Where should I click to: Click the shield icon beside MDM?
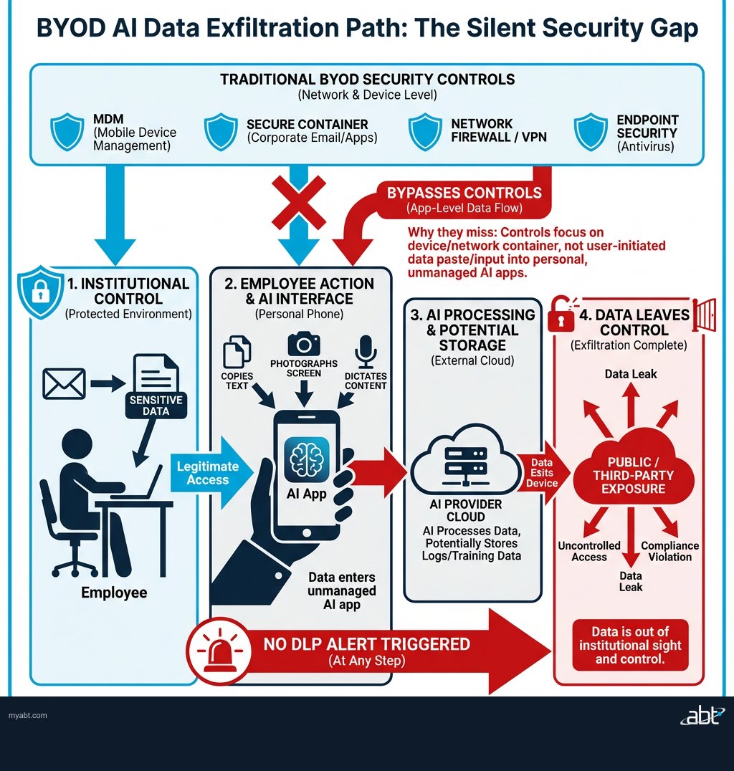67,131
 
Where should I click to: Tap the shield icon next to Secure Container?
221,131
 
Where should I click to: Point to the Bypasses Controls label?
464,193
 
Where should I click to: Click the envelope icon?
64,383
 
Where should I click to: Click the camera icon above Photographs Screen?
304,345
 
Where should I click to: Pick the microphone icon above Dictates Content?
366,351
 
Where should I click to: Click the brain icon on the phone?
307,459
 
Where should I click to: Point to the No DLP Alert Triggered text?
366,644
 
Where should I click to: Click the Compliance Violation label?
669,551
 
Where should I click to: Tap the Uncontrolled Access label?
589,551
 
